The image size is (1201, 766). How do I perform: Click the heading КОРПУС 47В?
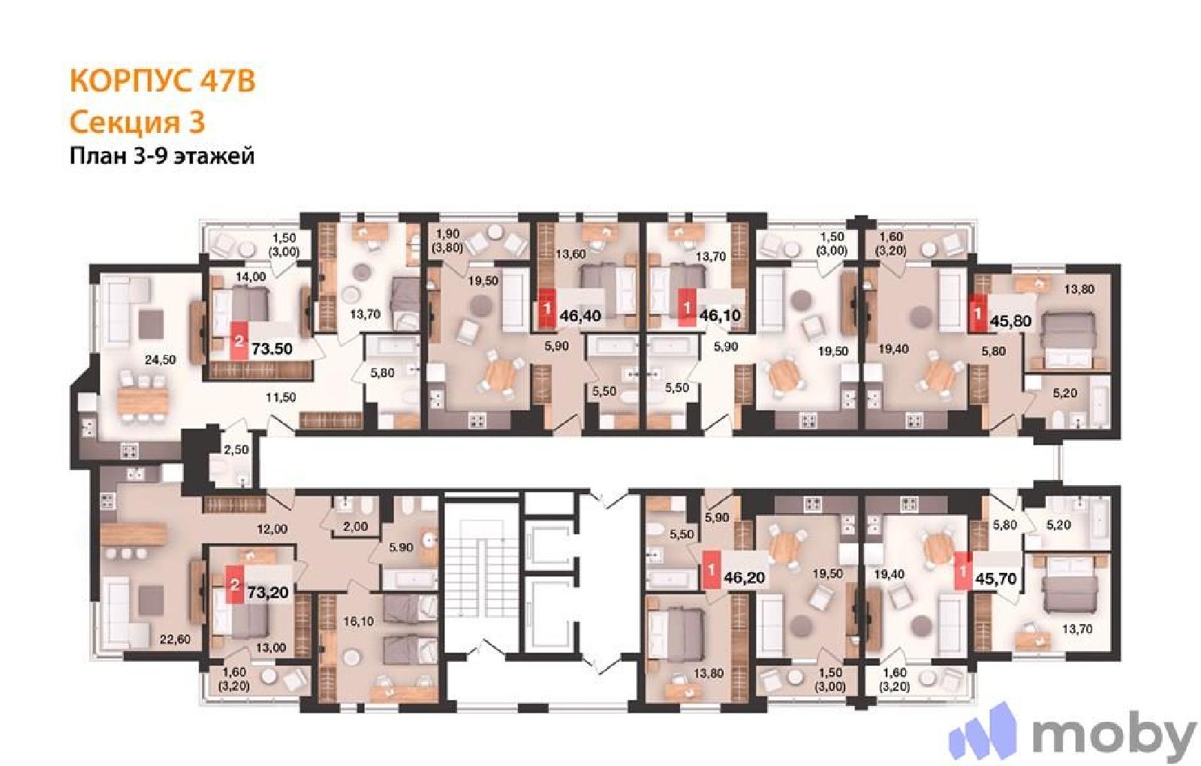162,82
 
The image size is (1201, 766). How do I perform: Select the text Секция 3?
137,122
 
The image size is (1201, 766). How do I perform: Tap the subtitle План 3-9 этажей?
162,156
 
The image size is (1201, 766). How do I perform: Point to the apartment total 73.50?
272,349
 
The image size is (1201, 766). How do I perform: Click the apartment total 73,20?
268,593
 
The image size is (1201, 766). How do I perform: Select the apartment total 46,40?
579,316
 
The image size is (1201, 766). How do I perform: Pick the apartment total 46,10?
720,315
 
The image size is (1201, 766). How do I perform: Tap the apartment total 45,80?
1011,321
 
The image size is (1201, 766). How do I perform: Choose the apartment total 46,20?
744,578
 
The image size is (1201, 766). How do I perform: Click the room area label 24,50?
161,360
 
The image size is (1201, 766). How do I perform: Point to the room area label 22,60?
176,639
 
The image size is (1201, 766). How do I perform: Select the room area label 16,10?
359,621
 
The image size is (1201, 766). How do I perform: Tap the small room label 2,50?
236,450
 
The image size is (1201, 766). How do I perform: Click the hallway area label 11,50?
281,397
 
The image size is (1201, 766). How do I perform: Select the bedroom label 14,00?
251,277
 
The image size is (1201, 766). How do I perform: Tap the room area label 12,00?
272,529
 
